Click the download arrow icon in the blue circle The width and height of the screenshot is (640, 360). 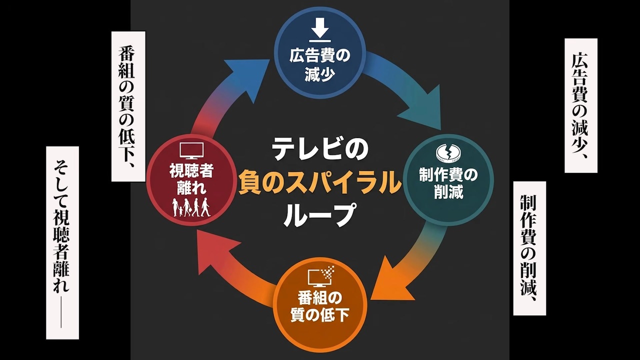click(320, 29)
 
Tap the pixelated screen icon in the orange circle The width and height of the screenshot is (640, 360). click(320, 275)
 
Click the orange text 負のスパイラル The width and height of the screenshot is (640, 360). click(320, 182)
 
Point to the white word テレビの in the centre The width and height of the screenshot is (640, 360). click(320, 149)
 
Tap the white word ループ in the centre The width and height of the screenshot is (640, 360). click(320, 215)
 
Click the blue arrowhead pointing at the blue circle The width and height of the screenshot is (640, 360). click(247, 75)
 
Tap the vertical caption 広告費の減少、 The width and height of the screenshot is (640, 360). click(580, 105)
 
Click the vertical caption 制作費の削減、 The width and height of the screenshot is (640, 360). click(529, 248)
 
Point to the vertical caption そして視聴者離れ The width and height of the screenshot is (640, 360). click(62, 242)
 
